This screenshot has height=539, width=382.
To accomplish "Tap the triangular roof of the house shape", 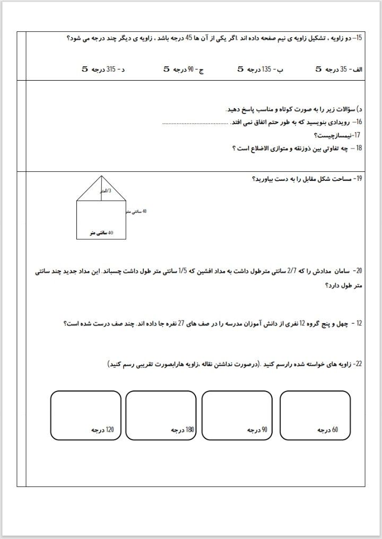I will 101,189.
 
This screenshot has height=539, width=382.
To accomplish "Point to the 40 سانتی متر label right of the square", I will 136,212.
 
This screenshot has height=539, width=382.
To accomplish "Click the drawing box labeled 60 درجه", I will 311,415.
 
